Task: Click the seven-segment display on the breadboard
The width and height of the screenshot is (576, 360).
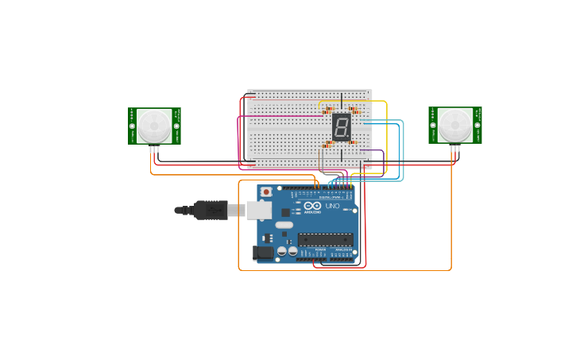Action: [x=341, y=127]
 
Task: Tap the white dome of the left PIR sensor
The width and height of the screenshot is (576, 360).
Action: [x=153, y=126]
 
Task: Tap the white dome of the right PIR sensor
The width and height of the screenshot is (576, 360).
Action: [x=455, y=126]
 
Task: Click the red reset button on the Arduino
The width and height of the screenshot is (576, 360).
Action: [x=265, y=192]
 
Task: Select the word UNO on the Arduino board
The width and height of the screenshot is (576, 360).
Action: [x=332, y=207]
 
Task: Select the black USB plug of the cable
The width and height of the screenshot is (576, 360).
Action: [x=211, y=210]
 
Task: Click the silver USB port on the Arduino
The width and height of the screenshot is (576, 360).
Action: [x=258, y=210]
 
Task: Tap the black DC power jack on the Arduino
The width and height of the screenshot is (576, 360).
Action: [x=262, y=253]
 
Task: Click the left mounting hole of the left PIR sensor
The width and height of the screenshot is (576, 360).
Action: [x=132, y=126]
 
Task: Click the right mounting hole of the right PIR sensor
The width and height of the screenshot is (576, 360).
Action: [x=477, y=125]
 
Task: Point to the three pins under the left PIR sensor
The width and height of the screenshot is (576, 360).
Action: [x=154, y=149]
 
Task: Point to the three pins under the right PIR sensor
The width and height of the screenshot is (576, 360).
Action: [x=455, y=149]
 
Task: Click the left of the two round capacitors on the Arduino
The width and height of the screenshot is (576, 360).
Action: [x=282, y=252]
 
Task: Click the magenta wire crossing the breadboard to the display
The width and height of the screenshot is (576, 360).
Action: [x=286, y=117]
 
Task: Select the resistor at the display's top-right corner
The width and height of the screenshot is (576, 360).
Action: [x=354, y=110]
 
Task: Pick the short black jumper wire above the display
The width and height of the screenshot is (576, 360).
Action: [x=342, y=100]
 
